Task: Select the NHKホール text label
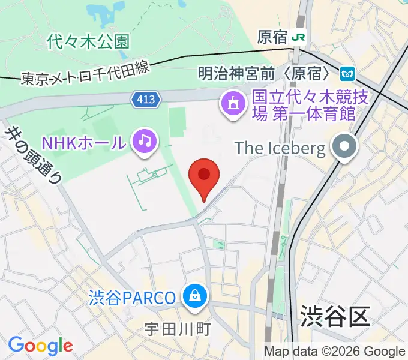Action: pos(85,143)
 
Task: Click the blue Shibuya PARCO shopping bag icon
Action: pos(196,295)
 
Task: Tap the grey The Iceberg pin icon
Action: pos(345,147)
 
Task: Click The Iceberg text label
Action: pos(280,147)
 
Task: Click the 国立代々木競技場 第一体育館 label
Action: pos(303,104)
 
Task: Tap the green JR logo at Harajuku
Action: pos(299,37)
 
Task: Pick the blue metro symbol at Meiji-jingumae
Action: pos(346,74)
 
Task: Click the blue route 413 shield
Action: pos(146,100)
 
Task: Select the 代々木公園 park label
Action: pos(88,41)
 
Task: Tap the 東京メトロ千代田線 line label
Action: pos(84,73)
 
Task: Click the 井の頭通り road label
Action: pos(33,154)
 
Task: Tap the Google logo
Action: pos(40,346)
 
